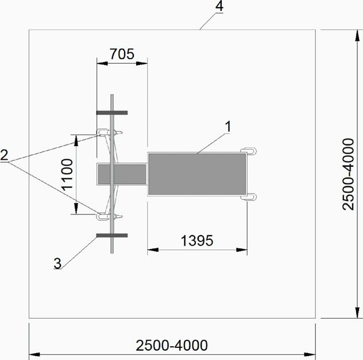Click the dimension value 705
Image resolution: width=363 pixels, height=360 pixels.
122,54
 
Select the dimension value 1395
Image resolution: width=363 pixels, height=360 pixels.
197,240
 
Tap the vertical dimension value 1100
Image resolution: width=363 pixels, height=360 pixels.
68,174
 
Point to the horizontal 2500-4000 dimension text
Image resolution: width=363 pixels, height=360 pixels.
172,346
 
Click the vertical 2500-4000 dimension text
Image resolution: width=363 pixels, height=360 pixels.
348,174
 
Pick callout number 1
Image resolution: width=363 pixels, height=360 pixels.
228,127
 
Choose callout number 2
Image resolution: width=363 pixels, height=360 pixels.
4,155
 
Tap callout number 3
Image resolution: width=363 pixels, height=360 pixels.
57,263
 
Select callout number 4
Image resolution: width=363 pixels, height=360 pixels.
219,6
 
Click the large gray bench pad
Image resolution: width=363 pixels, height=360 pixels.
197,174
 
